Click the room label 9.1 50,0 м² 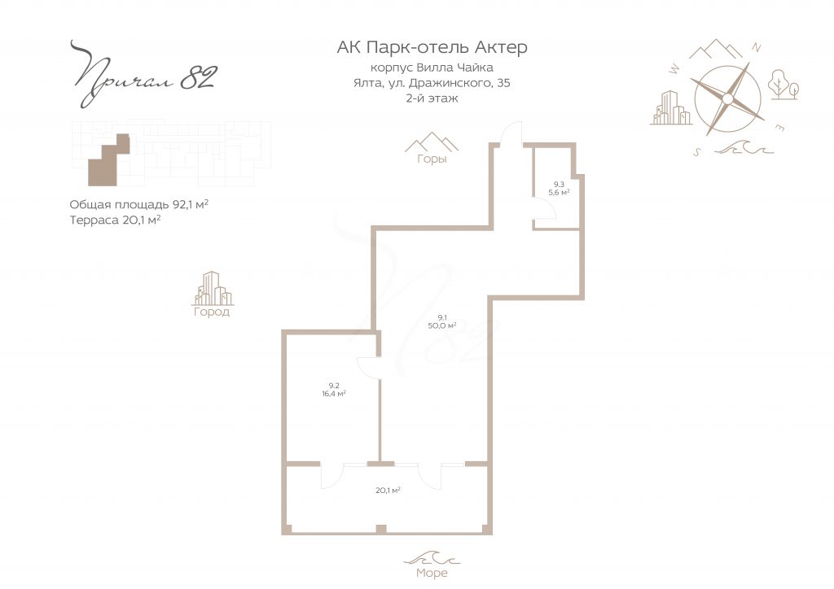[x=441, y=322]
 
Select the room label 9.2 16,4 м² [x=333, y=390]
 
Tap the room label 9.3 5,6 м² [x=559, y=189]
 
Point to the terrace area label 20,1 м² [x=388, y=491]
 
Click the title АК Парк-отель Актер [x=432, y=47]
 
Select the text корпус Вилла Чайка [x=432, y=68]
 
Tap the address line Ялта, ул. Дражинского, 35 [x=432, y=83]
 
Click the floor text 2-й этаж [x=432, y=98]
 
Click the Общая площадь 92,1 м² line [x=138, y=205]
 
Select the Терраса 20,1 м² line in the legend [x=115, y=220]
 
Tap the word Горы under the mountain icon [x=432, y=159]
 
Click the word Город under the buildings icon [x=212, y=312]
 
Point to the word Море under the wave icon [x=432, y=573]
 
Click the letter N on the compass [x=756, y=48]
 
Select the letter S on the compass [x=697, y=152]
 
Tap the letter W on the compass [x=674, y=68]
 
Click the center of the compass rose [x=727, y=98]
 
